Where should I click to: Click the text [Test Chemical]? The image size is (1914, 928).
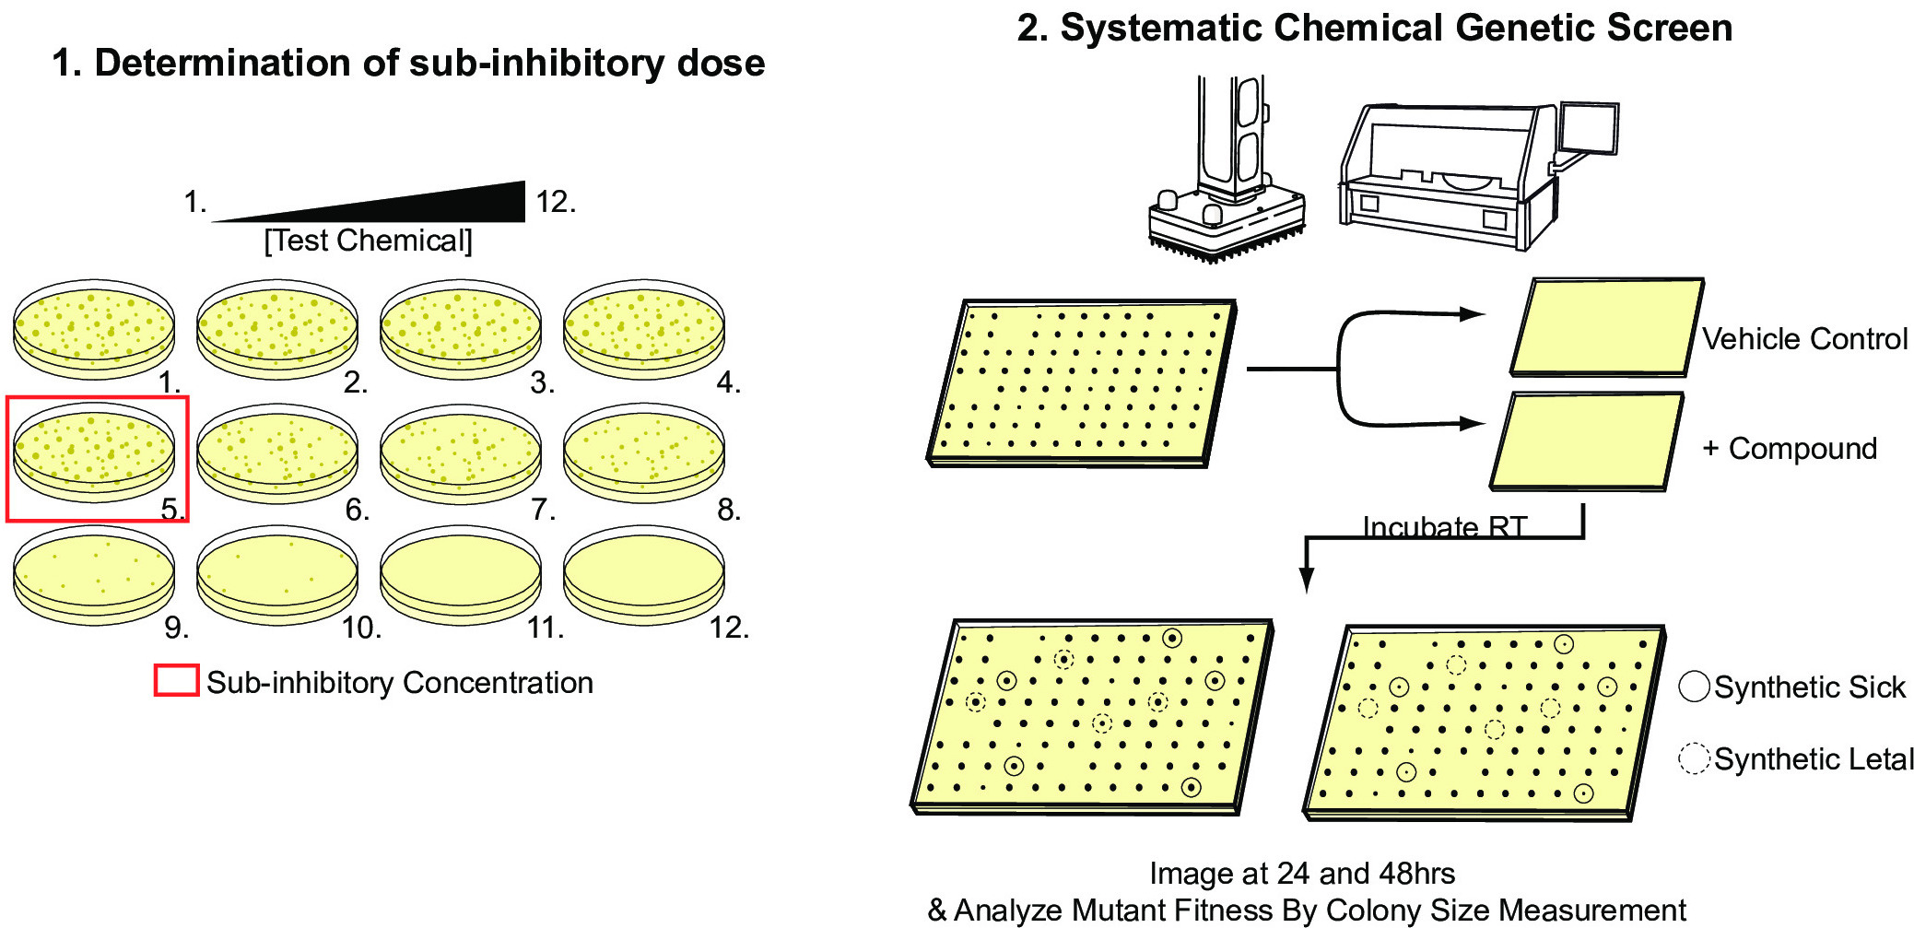point(368,241)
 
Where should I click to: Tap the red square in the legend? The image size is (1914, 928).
point(176,680)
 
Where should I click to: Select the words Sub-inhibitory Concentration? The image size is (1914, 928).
point(399,683)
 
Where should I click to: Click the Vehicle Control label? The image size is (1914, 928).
point(1803,339)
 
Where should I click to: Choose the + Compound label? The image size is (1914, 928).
point(1789,449)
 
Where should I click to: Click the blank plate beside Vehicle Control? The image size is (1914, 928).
point(1605,327)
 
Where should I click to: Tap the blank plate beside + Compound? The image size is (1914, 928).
point(1586,441)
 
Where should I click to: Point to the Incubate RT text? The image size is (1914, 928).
point(1444,527)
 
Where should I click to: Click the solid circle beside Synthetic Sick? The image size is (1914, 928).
point(1694,687)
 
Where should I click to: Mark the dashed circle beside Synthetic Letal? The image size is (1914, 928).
point(1694,758)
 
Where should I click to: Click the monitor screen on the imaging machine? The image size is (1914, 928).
point(1589,128)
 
